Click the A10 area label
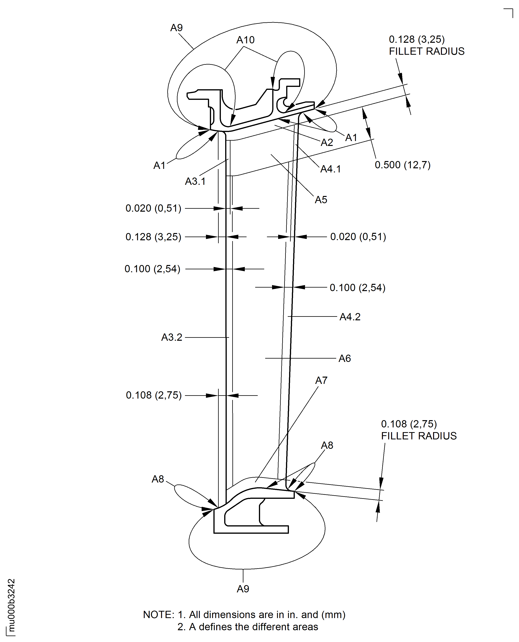pos(245,40)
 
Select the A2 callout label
pos(327,142)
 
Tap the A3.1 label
pos(195,181)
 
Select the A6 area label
pos(344,358)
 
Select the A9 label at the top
pos(176,27)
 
